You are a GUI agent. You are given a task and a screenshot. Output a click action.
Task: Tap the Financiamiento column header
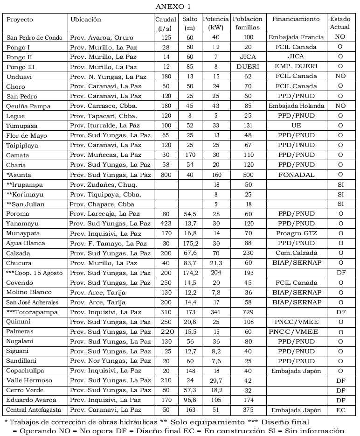click(x=296, y=19)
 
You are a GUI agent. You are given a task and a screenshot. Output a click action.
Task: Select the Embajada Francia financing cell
click(x=296, y=37)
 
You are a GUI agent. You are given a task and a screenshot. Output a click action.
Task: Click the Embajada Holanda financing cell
click(x=296, y=106)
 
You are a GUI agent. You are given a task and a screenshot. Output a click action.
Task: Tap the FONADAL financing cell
click(x=296, y=175)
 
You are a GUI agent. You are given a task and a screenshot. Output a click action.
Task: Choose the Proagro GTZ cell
click(x=296, y=233)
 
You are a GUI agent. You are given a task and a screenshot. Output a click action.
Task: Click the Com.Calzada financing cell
click(x=296, y=253)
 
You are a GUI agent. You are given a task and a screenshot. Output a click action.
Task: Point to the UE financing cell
click(x=296, y=126)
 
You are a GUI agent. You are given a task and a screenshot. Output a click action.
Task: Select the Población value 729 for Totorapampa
click(x=248, y=312)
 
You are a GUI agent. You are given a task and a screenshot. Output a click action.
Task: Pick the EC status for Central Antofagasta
click(x=340, y=410)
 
